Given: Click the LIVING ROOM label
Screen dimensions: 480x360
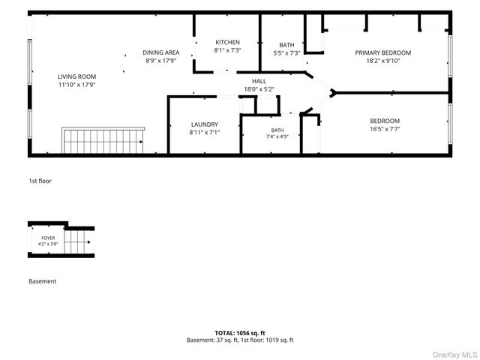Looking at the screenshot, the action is pos(76,76).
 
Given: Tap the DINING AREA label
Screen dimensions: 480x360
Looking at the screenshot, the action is pos(161,52).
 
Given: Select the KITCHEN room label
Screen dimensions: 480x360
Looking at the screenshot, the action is pos(227,42).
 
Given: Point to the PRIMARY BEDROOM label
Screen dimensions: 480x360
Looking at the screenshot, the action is pos(383,52).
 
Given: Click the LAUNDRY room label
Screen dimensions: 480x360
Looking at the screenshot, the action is pos(205,124).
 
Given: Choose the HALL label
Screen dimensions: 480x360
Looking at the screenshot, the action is pos(259,81).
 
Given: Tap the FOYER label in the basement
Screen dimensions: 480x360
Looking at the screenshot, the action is pos(48,238).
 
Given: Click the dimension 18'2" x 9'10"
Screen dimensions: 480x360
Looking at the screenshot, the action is pos(383,61).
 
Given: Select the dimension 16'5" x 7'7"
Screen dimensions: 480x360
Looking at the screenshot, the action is pos(385,129).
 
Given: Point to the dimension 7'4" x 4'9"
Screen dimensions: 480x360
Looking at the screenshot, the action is pos(277,136).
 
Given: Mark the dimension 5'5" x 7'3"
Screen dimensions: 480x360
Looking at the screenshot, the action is pos(286,53).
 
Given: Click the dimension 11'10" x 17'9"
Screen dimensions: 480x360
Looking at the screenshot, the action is pos(76,85).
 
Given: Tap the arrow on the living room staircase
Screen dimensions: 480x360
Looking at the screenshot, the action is pos(141,142).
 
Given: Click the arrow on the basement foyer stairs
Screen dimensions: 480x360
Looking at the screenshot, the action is pos(88,242).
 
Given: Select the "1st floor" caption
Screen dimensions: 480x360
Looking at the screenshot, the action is pos(40,181).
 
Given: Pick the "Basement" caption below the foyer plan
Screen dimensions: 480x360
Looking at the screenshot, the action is pos(43,281).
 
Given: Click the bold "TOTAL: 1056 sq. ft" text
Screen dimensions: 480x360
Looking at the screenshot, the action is pos(240,333).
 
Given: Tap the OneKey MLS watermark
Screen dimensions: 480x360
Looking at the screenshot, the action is pos(454,355).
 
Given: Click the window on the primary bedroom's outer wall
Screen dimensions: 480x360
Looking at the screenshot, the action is pos(450,56).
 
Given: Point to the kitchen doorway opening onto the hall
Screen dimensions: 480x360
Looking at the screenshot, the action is pos(225,72).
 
